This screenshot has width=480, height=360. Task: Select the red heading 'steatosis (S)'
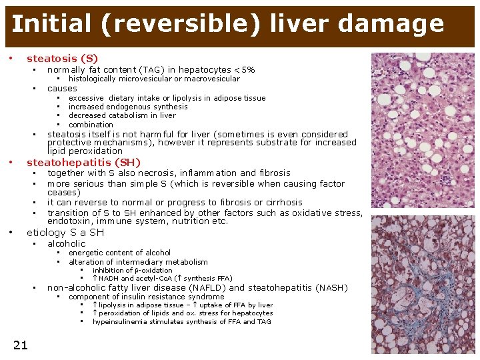coord(62,59)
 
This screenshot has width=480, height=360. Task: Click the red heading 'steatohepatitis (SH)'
coord(83,162)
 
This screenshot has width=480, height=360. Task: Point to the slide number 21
coord(20,344)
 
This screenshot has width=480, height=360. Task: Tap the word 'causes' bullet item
coord(62,88)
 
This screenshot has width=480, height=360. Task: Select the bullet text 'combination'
coord(91,125)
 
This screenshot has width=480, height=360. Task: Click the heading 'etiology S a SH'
coord(65,233)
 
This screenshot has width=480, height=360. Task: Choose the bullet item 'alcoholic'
coord(67,243)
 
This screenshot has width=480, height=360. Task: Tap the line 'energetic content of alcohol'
coord(119,253)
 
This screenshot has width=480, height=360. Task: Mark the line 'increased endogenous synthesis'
coord(128,107)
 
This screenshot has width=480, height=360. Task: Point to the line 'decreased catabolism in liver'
coord(122,115)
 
